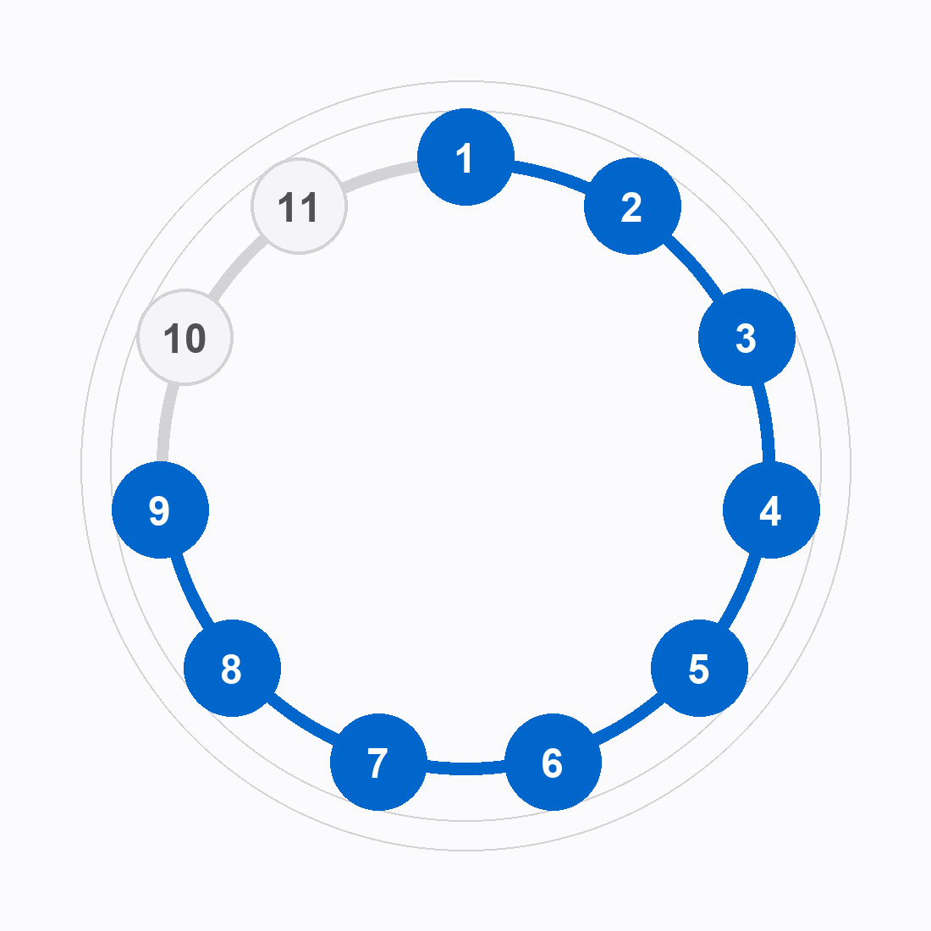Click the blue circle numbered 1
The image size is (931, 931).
point(466,157)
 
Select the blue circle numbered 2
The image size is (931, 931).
point(632,206)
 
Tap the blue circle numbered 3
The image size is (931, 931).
point(746,337)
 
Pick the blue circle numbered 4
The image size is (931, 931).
point(771,510)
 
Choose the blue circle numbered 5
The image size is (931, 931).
point(699,668)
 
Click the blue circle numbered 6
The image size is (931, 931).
point(553,762)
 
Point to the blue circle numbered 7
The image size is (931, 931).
point(379,762)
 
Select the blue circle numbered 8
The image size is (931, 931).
point(232,668)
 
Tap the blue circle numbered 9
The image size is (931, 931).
point(160,510)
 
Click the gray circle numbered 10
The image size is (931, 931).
point(185,337)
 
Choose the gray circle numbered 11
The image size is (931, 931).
point(300,206)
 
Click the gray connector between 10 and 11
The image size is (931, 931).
point(236,266)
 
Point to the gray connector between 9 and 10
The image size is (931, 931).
point(166,422)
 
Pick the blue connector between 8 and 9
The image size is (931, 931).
point(190,592)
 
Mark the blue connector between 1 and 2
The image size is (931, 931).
point(551,175)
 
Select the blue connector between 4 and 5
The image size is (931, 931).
point(741,592)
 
